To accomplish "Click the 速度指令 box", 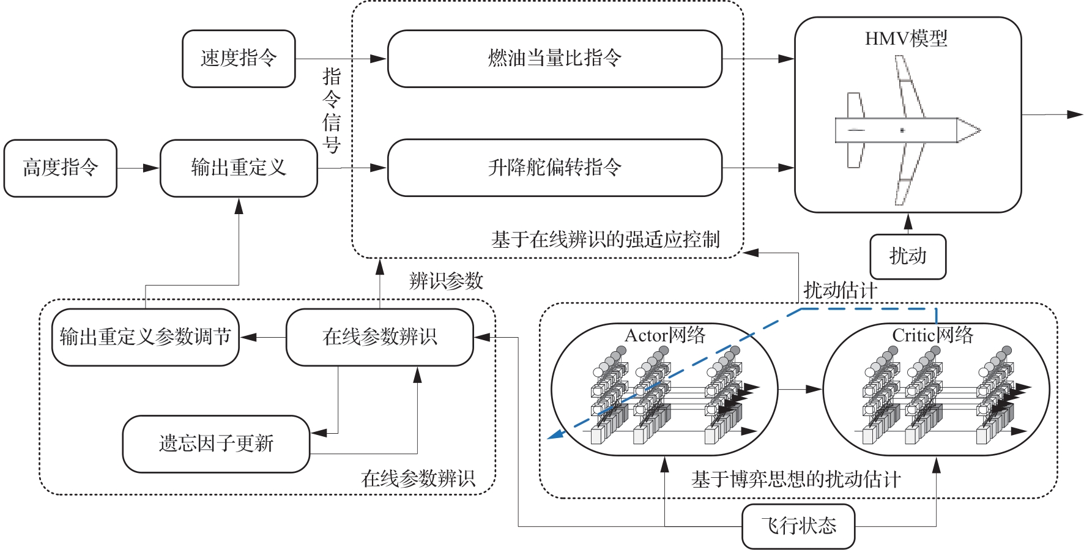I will (239, 59).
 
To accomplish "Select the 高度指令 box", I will (60, 168).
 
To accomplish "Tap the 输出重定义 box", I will (239, 168).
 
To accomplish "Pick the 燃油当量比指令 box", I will (555, 59).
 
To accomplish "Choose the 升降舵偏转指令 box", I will (555, 168).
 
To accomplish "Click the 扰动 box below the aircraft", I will (908, 256).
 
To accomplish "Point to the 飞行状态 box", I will (798, 526).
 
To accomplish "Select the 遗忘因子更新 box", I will (216, 444).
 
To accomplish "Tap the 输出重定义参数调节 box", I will (145, 337).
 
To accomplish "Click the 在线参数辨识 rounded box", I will (379, 337).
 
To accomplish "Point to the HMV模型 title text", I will (906, 39).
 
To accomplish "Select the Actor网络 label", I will (665, 335).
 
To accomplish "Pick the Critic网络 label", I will (932, 335).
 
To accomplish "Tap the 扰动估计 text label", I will (840, 290).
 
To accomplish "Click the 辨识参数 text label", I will (446, 281).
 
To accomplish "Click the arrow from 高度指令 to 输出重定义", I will (138, 168).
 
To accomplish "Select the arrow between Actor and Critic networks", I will (800, 388).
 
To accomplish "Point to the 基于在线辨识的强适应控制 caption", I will (605, 240).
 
